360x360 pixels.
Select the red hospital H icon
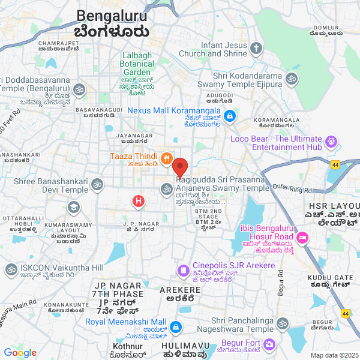139,200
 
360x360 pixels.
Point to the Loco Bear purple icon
331,142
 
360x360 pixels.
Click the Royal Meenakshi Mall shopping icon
176,328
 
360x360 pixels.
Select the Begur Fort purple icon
269,344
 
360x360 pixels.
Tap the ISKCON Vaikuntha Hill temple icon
10,270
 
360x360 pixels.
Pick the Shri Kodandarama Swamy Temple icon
292,78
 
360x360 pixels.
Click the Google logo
20,352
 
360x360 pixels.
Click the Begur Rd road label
280,282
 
